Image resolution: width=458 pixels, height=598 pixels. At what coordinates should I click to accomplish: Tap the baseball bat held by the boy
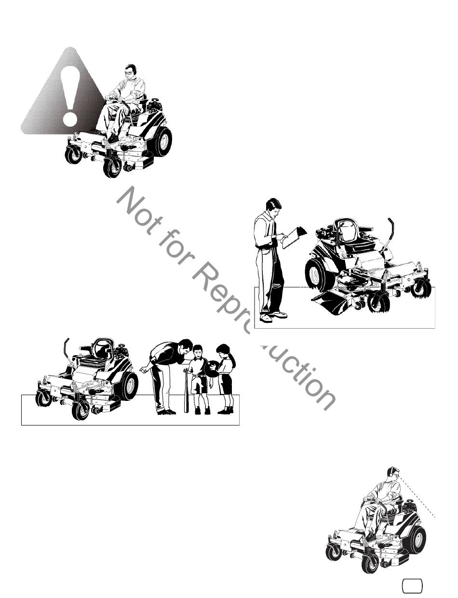187,390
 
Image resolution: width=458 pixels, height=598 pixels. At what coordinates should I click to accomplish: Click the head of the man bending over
186,347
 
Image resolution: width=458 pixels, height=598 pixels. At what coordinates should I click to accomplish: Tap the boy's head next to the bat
198,351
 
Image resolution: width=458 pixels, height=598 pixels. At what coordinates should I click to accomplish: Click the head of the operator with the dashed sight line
393,475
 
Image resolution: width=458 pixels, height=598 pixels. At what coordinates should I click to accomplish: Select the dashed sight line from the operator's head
417,498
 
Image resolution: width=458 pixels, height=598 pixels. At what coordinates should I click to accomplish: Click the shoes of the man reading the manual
272,317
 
